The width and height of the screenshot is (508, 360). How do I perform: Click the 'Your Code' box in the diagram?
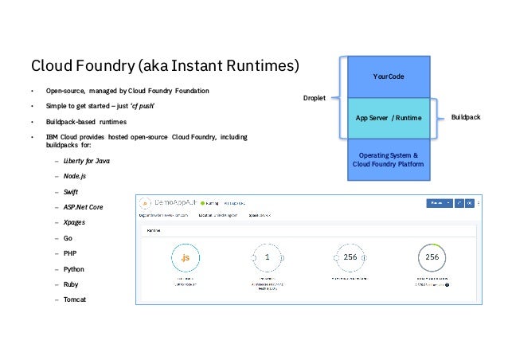389,76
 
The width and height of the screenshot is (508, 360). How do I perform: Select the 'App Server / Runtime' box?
389,118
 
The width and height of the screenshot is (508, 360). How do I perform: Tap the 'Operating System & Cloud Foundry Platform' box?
389,159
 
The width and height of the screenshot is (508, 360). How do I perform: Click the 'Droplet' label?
316,98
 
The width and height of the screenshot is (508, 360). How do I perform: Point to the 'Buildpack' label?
466,118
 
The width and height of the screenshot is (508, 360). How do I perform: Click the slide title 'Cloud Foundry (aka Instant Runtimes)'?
165,64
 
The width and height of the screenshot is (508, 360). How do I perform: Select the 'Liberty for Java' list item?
87,161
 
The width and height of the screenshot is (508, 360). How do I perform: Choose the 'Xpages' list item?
76,222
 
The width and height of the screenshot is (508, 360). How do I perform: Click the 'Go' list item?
68,238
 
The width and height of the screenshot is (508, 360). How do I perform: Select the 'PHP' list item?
71,253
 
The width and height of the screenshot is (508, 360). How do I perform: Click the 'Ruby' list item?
72,284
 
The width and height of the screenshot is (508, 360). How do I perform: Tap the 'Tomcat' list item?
76,299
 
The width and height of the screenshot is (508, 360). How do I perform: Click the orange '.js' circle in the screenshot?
185,258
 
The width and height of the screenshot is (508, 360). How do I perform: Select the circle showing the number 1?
268,258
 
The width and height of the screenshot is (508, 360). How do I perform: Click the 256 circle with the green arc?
432,258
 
